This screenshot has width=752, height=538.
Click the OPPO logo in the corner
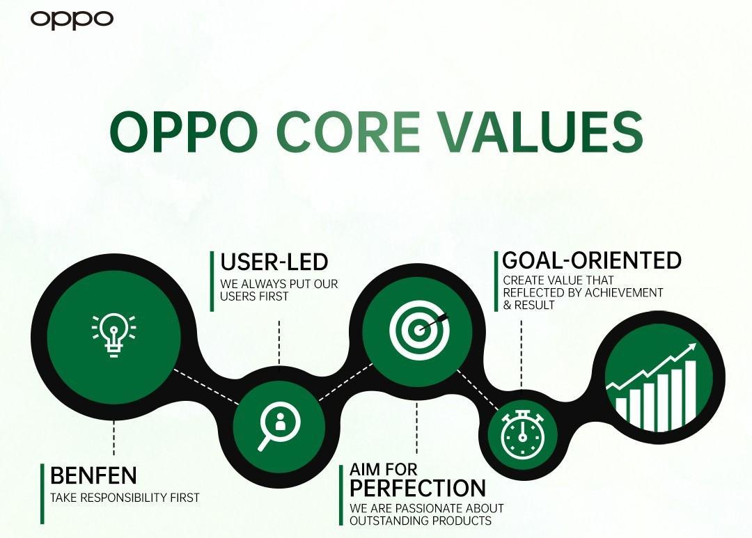(72, 20)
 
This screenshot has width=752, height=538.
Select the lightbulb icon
(113, 335)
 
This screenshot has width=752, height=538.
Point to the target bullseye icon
(419, 329)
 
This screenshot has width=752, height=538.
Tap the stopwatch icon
(523, 434)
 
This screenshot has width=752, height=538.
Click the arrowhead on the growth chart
(691, 347)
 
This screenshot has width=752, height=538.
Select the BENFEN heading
(93, 475)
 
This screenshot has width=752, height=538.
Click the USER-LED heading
(274, 262)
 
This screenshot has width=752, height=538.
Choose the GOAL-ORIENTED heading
(592, 260)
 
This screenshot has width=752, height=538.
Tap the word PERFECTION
(418, 488)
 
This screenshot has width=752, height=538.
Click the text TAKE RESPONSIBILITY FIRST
(125, 498)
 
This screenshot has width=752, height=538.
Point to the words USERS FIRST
(254, 296)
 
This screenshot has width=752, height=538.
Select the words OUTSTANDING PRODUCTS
(421, 521)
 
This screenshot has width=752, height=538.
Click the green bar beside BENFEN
(42, 494)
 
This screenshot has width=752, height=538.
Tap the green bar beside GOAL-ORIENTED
(496, 282)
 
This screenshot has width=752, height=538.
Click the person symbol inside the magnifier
(280, 422)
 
